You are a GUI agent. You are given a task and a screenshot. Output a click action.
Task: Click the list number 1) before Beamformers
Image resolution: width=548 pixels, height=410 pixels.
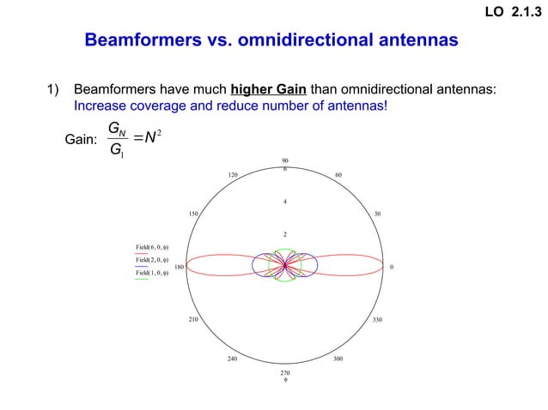coord(55,89)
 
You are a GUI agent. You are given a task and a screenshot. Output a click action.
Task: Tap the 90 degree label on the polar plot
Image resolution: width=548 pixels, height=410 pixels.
coord(284,160)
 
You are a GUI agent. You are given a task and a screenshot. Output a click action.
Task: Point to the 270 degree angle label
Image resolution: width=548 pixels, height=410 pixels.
coord(284,373)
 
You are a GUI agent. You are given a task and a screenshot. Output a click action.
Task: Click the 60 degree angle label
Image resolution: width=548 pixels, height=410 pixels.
coord(339,175)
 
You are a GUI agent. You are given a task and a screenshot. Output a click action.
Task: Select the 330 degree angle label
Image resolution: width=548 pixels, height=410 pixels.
coord(378,320)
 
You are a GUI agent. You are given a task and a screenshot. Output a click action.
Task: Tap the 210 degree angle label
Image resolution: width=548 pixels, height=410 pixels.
coord(192,320)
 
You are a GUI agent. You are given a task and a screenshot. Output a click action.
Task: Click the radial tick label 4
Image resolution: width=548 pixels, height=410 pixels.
coord(284,202)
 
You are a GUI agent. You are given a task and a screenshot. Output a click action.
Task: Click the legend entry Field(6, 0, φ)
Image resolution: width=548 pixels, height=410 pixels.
coord(151,247)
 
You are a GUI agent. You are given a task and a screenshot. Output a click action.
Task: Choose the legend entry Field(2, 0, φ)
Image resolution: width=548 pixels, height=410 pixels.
coord(151,260)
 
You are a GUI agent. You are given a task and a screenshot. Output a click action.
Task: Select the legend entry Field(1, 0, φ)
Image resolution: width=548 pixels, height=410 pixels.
coord(151,273)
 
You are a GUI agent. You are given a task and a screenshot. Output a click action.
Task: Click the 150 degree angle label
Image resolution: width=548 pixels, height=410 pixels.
coord(194,214)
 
